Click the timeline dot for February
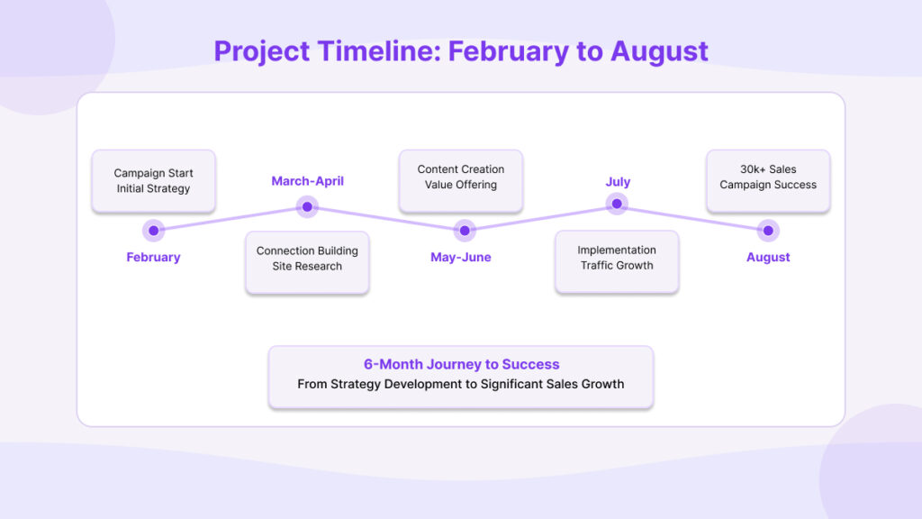click(x=153, y=231)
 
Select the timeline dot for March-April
click(x=307, y=206)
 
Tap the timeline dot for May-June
click(x=465, y=231)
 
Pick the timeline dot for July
click(x=617, y=204)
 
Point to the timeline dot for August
click(x=768, y=231)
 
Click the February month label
click(x=153, y=257)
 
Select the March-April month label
click(x=308, y=181)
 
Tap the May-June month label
click(x=460, y=257)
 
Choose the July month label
click(x=618, y=182)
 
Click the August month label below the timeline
click(x=768, y=257)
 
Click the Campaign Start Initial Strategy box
click(x=153, y=180)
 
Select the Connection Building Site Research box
click(x=307, y=262)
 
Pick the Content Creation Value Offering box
click(x=460, y=180)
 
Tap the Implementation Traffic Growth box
click(x=617, y=261)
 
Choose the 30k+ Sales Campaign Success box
click(x=768, y=180)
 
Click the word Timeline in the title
click(x=379, y=51)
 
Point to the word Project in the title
click(x=262, y=51)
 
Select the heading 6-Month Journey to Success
click(x=461, y=364)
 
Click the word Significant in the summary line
click(x=511, y=384)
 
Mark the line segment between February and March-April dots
click(x=230, y=218)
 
